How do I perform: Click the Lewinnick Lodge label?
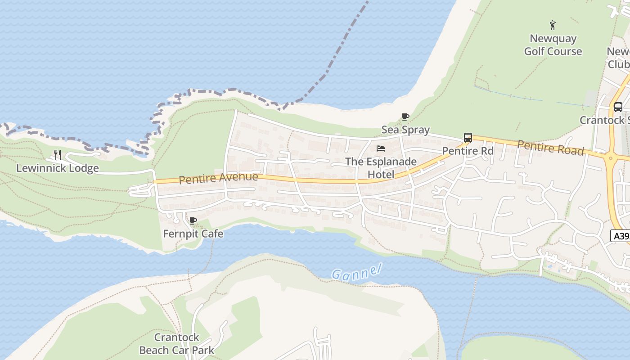(x=58, y=168)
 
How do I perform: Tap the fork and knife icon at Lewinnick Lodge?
(x=58, y=155)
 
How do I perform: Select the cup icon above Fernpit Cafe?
(x=193, y=220)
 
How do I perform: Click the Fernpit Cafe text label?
(x=193, y=234)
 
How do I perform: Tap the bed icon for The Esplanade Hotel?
(x=381, y=148)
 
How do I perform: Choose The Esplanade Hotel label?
(x=381, y=168)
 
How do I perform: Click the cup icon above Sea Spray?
(x=405, y=117)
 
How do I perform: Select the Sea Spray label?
(x=405, y=130)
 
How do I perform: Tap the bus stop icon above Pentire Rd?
(x=468, y=138)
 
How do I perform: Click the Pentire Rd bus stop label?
(x=468, y=151)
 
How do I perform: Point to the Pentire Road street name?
(x=550, y=148)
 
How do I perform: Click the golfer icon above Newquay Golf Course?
(x=553, y=25)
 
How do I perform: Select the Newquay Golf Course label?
(x=553, y=45)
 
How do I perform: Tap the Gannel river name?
(x=356, y=271)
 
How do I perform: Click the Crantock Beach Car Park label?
(x=176, y=344)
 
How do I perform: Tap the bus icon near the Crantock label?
(x=618, y=107)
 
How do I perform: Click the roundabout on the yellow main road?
(x=611, y=157)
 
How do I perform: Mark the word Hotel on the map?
(x=381, y=175)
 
